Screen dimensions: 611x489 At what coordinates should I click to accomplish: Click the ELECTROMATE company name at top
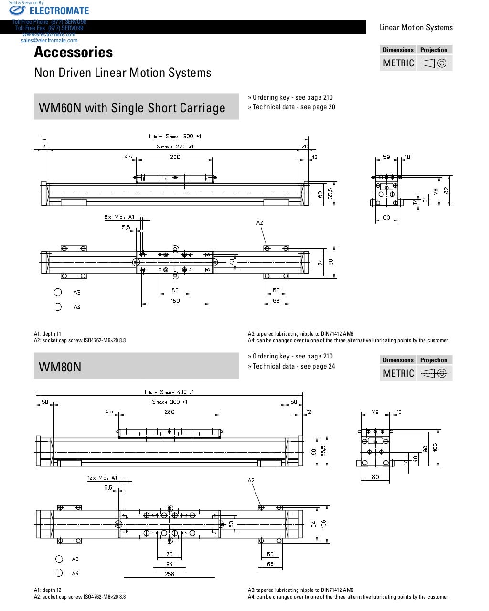click(x=59, y=11)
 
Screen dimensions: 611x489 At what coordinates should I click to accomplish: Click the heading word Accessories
click(x=74, y=52)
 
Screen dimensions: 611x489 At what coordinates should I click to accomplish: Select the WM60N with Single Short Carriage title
click(x=132, y=108)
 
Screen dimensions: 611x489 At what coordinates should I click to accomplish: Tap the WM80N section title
click(x=60, y=367)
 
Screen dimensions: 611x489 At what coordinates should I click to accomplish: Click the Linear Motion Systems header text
click(x=416, y=27)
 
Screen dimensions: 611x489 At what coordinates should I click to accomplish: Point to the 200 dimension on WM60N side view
click(x=175, y=157)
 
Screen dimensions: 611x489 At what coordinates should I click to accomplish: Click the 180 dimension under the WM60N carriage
click(x=175, y=300)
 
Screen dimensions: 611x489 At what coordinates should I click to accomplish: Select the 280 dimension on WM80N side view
click(x=169, y=411)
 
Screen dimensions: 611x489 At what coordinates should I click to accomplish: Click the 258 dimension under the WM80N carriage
click(x=170, y=574)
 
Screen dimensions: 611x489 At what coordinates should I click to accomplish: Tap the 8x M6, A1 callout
click(x=119, y=217)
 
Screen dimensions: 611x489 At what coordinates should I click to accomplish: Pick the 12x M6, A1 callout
click(x=102, y=477)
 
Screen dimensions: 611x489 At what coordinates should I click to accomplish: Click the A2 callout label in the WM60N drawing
click(x=260, y=223)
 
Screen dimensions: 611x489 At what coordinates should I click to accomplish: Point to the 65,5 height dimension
click(x=330, y=193)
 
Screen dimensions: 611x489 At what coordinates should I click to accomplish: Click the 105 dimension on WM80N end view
click(x=435, y=448)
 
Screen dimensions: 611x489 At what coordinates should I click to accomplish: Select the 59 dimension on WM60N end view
click(x=387, y=157)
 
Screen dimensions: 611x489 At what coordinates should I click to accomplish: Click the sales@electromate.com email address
click(x=49, y=41)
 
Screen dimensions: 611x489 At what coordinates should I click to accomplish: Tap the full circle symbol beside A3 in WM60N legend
click(x=58, y=292)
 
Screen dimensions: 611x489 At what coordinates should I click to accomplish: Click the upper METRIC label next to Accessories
click(x=398, y=63)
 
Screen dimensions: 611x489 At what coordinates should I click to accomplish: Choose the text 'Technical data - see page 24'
click(x=293, y=366)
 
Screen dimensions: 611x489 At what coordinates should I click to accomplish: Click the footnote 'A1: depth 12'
click(x=48, y=590)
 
